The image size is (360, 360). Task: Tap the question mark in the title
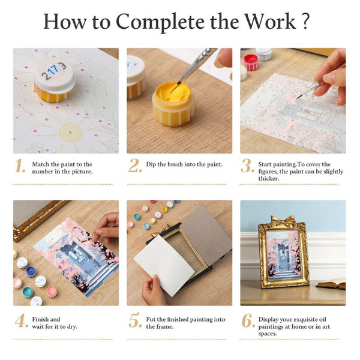coord(305,21)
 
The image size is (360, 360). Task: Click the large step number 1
coord(20,166)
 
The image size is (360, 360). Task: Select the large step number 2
coord(135,166)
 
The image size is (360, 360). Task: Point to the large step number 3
coord(247,166)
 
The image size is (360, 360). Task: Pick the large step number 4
coord(22,321)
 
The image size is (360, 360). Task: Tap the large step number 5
coord(135,320)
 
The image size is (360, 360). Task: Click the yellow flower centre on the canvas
coord(70,133)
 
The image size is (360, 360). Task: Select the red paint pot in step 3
coord(251,62)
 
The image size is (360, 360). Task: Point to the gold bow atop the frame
coord(282,221)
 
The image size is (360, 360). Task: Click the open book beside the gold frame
coord(331,283)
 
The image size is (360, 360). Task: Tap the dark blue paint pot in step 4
coord(31,272)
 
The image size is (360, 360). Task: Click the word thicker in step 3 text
coord(268,179)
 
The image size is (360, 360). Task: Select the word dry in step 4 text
coord(71,327)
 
